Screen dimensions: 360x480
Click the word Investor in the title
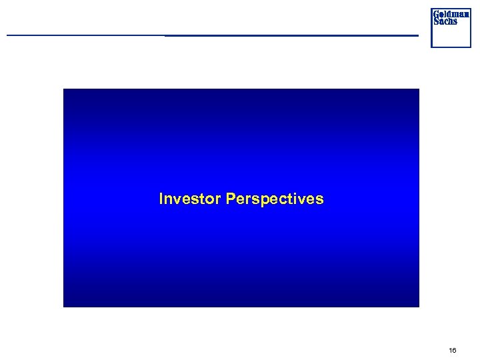(x=190, y=199)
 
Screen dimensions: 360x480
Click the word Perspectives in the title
(x=275, y=199)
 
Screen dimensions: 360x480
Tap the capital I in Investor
(x=161, y=199)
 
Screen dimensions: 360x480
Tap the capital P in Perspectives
(x=231, y=199)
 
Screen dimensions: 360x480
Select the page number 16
(x=453, y=350)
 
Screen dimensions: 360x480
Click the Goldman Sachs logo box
(x=451, y=28)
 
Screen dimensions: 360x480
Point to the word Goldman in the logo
(x=451, y=14)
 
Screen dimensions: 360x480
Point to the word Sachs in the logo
(x=445, y=21)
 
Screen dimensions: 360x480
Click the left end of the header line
(x=8, y=35)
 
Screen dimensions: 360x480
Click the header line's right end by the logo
(x=417, y=35)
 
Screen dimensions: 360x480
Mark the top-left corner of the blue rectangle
(x=64, y=89)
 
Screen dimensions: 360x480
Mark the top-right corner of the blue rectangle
(x=419, y=89)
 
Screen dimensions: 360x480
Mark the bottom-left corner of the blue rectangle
(x=64, y=306)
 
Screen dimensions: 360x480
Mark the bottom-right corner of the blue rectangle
(x=419, y=306)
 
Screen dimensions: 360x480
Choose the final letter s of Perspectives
(x=320, y=199)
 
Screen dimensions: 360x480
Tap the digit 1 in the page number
(x=451, y=350)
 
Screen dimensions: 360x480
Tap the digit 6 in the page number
(x=455, y=350)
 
